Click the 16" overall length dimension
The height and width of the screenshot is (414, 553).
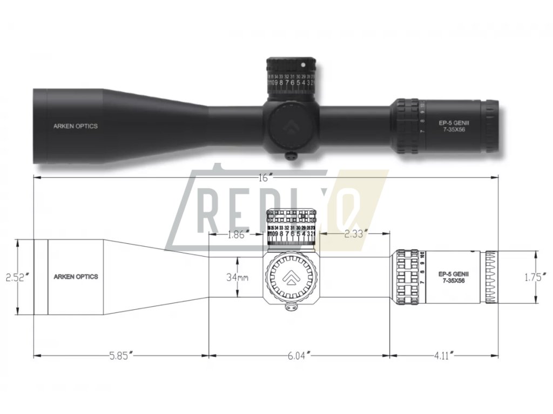[264, 179]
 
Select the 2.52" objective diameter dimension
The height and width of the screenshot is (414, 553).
[16, 278]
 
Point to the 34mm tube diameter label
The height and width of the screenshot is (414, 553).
[237, 278]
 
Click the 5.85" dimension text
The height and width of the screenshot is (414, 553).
[121, 356]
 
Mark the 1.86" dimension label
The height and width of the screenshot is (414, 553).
[238, 234]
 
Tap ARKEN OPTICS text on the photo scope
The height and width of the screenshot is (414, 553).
[76, 126]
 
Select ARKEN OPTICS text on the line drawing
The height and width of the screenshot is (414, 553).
[76, 277]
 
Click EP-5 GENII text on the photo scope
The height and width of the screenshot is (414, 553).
[450, 122]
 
